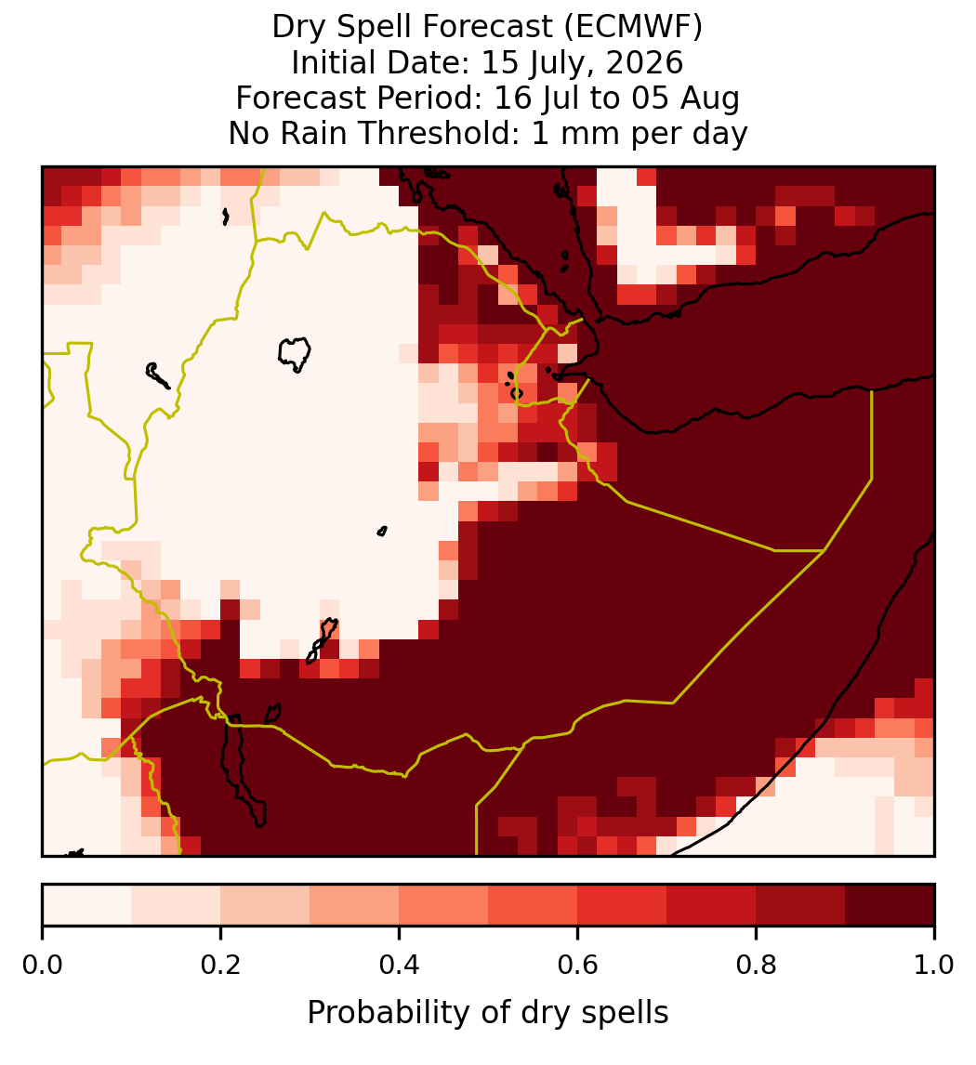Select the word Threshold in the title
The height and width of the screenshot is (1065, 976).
(443, 133)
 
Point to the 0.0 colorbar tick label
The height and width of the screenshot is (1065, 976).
(42, 965)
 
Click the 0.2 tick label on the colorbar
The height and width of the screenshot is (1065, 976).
(220, 965)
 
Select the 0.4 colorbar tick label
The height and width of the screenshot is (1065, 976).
(399, 965)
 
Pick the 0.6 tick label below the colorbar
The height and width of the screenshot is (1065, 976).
(577, 965)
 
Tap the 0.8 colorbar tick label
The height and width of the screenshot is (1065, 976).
(756, 965)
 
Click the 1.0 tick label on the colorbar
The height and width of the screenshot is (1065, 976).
(934, 965)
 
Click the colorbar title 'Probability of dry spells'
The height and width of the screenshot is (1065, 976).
(488, 1013)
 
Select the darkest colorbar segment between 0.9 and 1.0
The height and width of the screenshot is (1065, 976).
(890, 905)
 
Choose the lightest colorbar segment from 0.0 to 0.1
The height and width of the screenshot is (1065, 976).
(87, 905)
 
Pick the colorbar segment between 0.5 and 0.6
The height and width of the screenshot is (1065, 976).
(534, 905)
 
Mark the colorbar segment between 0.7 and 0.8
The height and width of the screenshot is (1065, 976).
(711, 905)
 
